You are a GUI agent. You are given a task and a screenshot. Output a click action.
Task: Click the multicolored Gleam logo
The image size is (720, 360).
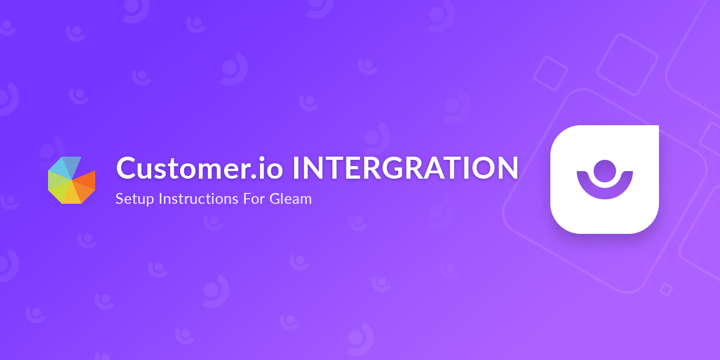pyautogui.click(x=72, y=180)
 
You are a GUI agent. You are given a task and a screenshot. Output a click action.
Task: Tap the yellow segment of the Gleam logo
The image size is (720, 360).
pyautogui.click(x=71, y=195)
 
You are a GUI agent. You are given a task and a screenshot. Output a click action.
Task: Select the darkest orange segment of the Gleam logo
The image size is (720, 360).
pyautogui.click(x=86, y=179)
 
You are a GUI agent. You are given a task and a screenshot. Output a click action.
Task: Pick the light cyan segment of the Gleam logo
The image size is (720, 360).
pyautogui.click(x=59, y=167)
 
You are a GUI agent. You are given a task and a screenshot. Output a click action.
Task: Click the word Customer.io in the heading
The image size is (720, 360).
pyautogui.click(x=199, y=168)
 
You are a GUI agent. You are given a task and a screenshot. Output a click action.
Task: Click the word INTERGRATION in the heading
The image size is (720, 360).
pyautogui.click(x=405, y=168)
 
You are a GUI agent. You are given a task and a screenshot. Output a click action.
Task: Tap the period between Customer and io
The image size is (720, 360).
pyautogui.click(x=255, y=177)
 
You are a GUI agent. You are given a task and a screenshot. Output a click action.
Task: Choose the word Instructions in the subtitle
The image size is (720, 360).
pyautogui.click(x=198, y=198)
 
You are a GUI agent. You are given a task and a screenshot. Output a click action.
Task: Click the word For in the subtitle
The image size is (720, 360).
pyautogui.click(x=254, y=198)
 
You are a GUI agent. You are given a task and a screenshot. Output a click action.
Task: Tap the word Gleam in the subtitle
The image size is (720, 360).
pyautogui.click(x=290, y=198)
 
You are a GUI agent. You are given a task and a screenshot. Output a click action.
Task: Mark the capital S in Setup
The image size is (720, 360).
pyautogui.click(x=119, y=198)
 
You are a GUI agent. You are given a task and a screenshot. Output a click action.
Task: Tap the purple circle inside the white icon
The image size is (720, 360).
pyautogui.click(x=605, y=171)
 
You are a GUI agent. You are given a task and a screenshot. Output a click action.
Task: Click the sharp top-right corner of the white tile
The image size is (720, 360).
pyautogui.click(x=657, y=127)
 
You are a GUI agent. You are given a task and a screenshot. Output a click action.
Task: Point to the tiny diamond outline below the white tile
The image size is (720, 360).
pyautogui.click(x=666, y=290)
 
